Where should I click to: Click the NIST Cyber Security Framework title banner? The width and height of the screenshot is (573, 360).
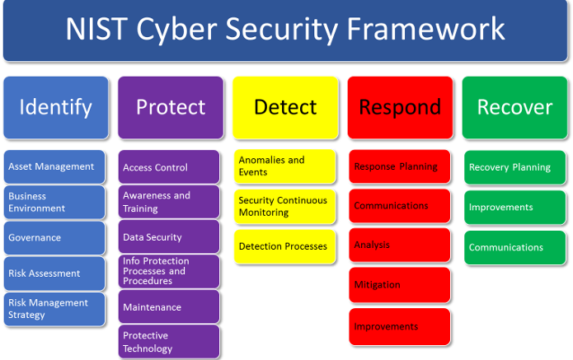click(285, 30)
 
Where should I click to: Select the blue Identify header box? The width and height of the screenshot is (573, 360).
click(55, 107)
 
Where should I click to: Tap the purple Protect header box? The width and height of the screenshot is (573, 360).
click(170, 107)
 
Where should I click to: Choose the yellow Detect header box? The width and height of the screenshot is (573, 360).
click(285, 107)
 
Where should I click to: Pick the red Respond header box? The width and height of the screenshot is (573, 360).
click(400, 107)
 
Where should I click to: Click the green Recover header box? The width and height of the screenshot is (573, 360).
click(514, 107)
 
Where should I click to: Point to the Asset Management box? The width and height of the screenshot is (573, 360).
click(54, 166)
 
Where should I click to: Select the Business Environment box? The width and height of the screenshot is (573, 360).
click(54, 202)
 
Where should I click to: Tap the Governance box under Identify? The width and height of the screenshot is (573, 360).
click(54, 237)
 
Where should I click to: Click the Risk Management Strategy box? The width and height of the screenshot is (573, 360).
click(54, 309)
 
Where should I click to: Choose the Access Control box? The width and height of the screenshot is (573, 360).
click(168, 167)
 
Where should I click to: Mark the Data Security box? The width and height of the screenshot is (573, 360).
click(168, 237)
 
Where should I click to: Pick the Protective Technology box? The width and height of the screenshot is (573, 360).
click(168, 342)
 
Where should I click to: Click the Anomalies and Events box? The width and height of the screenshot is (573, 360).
click(284, 166)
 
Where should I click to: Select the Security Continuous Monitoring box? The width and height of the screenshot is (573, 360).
click(284, 206)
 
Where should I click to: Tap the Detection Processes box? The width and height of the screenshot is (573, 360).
click(284, 246)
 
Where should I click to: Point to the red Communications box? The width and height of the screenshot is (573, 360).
click(399, 206)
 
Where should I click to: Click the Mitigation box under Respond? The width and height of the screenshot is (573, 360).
click(399, 285)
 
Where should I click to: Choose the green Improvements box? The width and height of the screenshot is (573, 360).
click(514, 208)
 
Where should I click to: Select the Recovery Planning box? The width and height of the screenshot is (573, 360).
click(514, 167)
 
